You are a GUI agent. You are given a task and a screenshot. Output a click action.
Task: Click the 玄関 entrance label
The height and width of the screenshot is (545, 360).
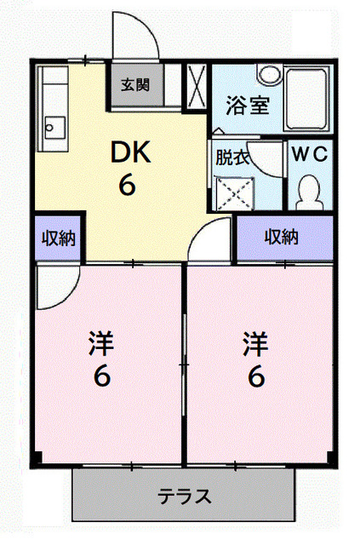click(134, 84)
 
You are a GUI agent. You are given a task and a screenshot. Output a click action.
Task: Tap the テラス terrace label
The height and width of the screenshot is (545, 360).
click(184, 496)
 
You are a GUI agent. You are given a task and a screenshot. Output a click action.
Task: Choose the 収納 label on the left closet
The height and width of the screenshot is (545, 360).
click(57, 238)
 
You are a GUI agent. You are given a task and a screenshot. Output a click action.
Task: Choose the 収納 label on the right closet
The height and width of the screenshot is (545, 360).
click(280, 237)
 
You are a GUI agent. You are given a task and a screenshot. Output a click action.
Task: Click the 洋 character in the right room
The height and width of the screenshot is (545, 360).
click(254, 344)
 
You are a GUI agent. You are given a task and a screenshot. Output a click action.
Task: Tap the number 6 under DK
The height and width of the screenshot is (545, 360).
click(129, 186)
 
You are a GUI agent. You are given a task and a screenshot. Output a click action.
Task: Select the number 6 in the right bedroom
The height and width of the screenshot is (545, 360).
click(254, 376)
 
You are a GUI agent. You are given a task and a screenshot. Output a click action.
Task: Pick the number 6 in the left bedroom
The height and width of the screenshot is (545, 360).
click(101, 376)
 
